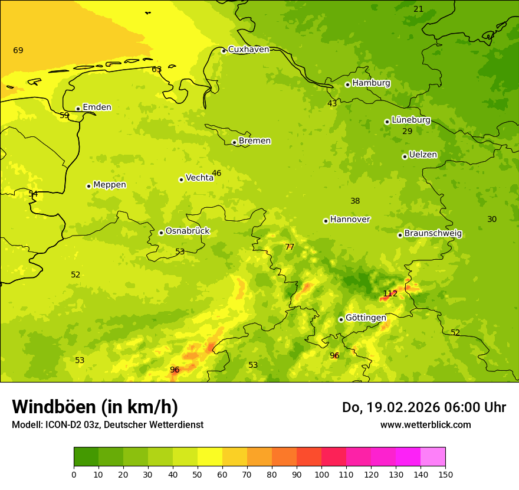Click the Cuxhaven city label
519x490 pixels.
click(248, 49)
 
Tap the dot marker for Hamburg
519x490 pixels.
click(347, 84)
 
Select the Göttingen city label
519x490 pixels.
click(366, 318)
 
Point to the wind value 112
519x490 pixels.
click(390, 293)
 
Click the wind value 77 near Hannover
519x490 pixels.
click(289, 247)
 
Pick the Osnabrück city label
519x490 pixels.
click(187, 231)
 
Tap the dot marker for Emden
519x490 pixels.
click(78, 109)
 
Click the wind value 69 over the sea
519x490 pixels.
click(18, 50)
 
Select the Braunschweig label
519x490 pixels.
click(433, 233)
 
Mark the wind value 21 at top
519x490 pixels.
click(418, 9)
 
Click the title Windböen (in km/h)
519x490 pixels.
click(95, 407)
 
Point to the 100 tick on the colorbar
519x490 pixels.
click(321, 474)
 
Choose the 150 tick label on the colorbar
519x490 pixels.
click(445, 474)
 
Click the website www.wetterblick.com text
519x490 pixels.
click(425, 424)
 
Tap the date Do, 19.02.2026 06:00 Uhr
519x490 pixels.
click(423, 407)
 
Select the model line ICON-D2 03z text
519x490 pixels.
click(107, 424)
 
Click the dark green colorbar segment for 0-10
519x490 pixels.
click(86, 456)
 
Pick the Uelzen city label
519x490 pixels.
click(423, 155)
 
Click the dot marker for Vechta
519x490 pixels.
click(181, 179)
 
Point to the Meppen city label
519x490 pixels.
click(109, 185)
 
